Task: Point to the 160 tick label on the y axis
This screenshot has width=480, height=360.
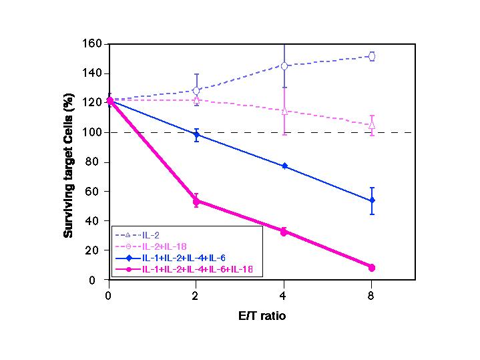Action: pyautogui.click(x=92, y=44)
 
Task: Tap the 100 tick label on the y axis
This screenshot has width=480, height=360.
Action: pyautogui.click(x=92, y=132)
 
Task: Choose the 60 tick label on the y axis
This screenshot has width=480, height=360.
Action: pyautogui.click(x=95, y=192)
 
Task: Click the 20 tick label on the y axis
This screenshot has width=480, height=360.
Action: pyautogui.click(x=95, y=250)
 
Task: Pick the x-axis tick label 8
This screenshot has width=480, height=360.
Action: pyautogui.click(x=371, y=294)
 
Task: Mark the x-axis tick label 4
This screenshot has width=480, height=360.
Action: pyautogui.click(x=284, y=294)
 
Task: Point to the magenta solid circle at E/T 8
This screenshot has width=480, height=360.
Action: pyautogui.click(x=371, y=267)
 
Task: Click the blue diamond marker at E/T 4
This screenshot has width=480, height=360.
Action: pyautogui.click(x=284, y=166)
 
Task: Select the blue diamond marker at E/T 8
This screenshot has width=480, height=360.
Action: pyautogui.click(x=371, y=200)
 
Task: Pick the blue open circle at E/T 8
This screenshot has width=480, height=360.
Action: pyautogui.click(x=371, y=57)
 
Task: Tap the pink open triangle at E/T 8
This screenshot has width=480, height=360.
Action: pyautogui.click(x=371, y=125)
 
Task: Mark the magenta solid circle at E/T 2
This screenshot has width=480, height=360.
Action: pyautogui.click(x=196, y=201)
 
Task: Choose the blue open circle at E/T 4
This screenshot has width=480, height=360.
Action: pyautogui.click(x=284, y=66)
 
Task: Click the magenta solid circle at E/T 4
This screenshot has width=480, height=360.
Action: pyautogui.click(x=284, y=232)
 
